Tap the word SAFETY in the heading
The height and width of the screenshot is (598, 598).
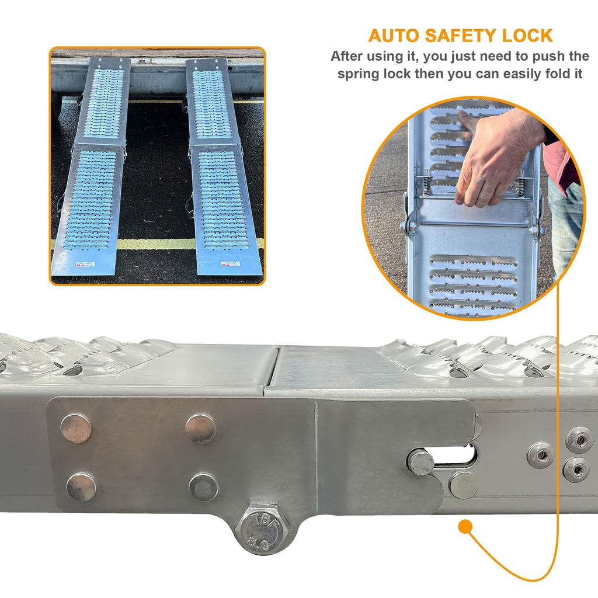click(x=462, y=36)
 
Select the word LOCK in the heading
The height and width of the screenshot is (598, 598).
click(x=527, y=36)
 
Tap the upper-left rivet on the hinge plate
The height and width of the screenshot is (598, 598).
click(x=76, y=428)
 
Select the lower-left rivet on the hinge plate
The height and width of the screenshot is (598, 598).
click(x=81, y=487)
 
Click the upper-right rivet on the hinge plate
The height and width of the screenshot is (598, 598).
click(x=200, y=429)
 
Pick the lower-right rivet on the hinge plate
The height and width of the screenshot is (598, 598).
click(x=204, y=487)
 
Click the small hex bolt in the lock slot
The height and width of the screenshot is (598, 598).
click(x=421, y=463)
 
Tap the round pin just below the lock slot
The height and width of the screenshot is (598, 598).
click(x=464, y=485)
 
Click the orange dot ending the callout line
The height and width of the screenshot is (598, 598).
click(x=465, y=527)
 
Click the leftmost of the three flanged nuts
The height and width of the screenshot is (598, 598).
click(x=540, y=454)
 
